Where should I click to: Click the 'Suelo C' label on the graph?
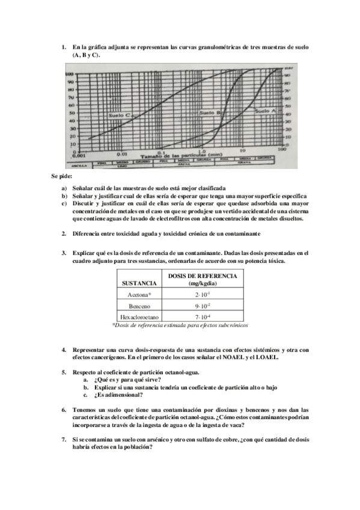(x=121, y=114)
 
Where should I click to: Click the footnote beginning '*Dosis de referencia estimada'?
(x=180, y=325)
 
